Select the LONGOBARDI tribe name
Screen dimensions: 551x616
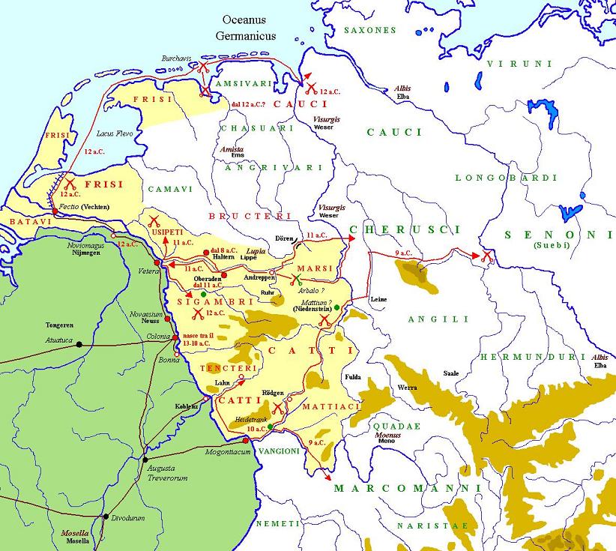507,178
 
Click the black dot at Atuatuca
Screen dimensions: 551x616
79,345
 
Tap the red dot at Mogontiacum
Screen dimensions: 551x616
245,440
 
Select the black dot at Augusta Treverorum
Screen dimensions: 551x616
145,459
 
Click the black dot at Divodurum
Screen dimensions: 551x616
106,517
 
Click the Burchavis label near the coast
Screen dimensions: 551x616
178,58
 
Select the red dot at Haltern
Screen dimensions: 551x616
206,252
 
